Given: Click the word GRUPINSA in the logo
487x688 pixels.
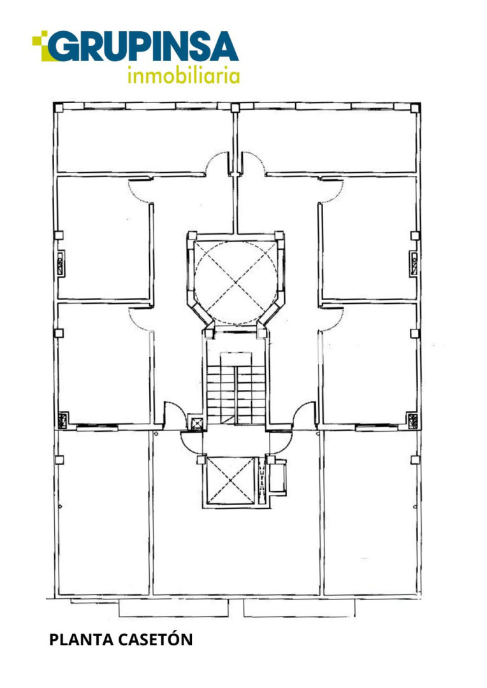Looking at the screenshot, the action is click(x=143, y=47).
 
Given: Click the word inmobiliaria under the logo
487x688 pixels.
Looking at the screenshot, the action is click(x=184, y=75).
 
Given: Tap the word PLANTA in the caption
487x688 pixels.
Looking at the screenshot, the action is click(x=81, y=640).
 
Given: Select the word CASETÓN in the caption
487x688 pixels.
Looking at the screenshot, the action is click(x=155, y=639).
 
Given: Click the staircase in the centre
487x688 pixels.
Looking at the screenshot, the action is click(x=236, y=389).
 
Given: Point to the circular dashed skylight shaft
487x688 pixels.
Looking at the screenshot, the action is click(x=236, y=283).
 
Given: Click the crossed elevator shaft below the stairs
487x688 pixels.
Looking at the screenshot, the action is click(x=231, y=481).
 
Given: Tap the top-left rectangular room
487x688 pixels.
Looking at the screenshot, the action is click(x=144, y=140).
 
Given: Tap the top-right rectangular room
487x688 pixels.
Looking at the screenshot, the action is click(x=327, y=140).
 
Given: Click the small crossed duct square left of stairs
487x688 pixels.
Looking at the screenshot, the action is click(x=196, y=422).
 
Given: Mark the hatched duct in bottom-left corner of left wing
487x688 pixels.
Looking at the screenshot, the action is click(x=63, y=420).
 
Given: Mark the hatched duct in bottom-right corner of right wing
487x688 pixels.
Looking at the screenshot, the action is click(x=413, y=421).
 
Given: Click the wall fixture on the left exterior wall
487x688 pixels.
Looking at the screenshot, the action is click(x=61, y=263).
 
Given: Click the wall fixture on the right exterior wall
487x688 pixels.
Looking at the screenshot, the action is click(x=414, y=263).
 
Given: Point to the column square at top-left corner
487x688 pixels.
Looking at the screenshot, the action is click(x=59, y=108).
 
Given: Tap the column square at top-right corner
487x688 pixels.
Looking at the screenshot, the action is click(x=416, y=108).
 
